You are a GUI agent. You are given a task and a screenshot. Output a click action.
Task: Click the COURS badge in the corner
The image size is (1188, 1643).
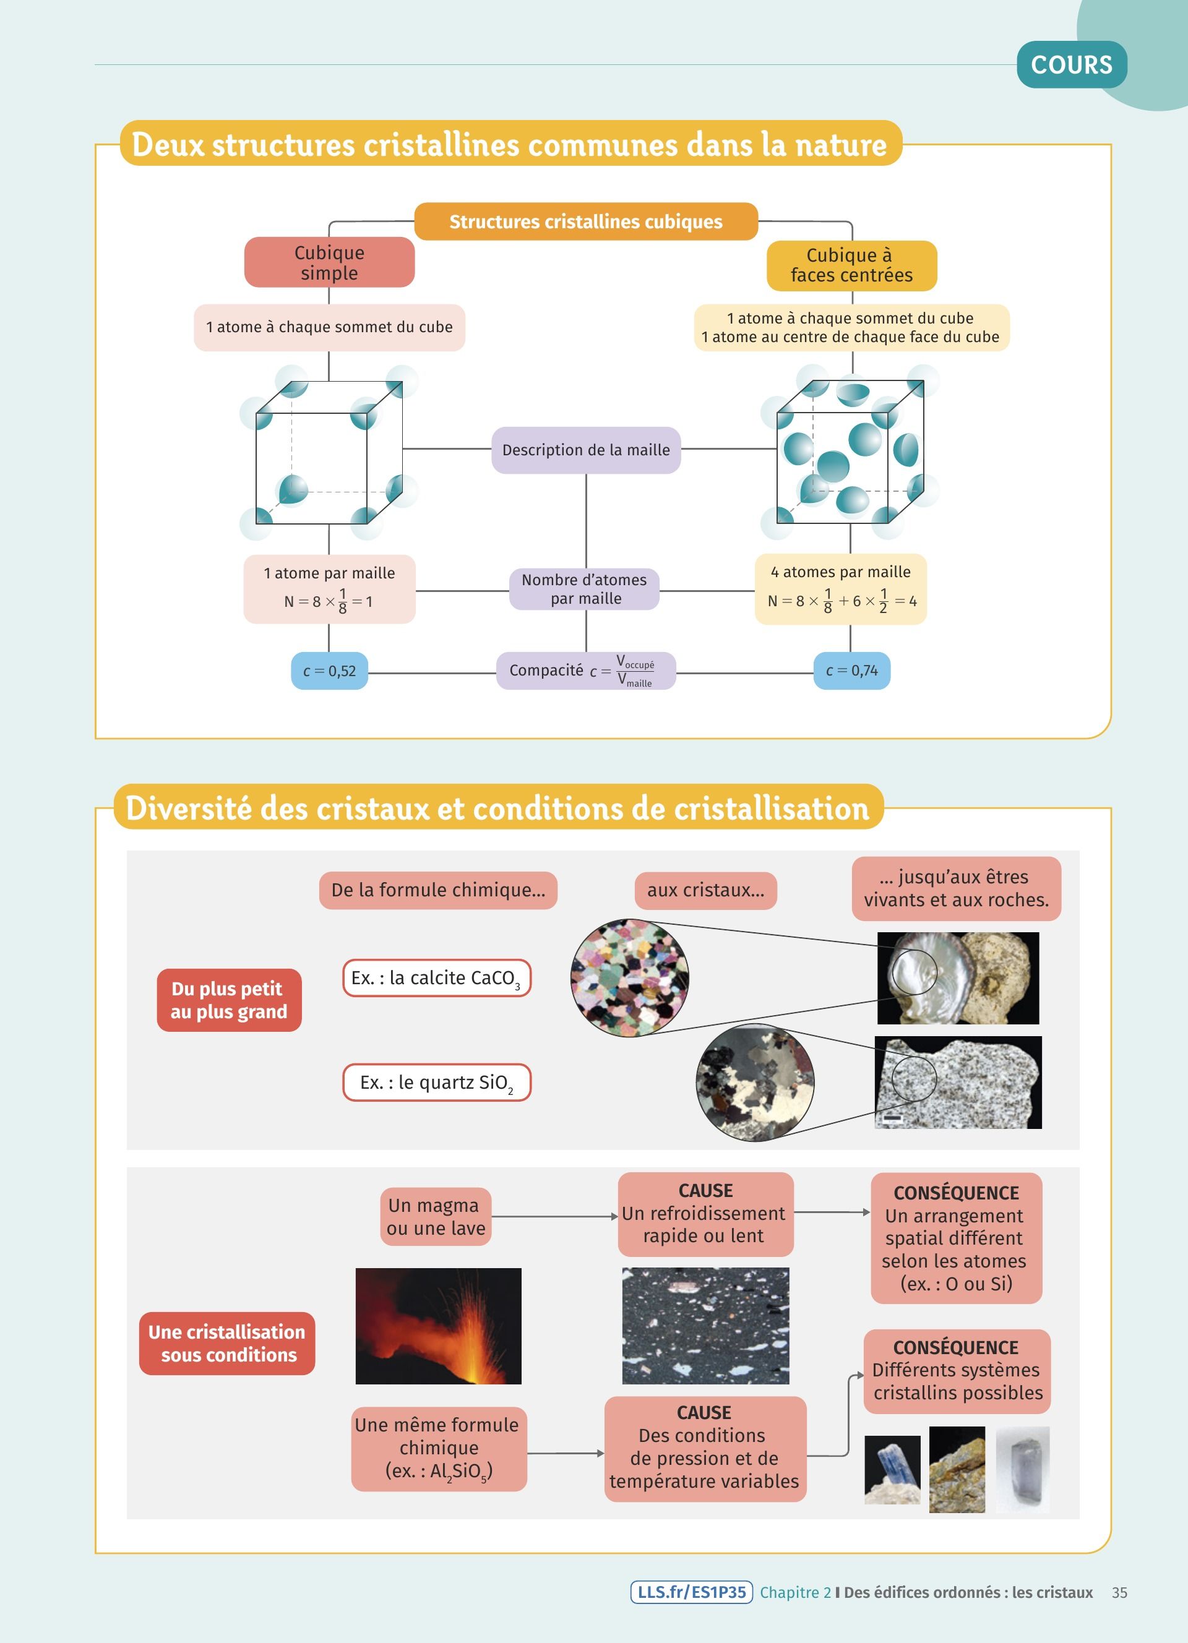[1072, 64]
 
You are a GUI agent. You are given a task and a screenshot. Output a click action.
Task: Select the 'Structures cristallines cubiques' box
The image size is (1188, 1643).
[585, 221]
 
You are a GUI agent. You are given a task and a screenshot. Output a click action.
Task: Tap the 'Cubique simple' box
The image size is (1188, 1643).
[329, 262]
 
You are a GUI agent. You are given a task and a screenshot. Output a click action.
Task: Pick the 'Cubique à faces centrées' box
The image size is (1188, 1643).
[851, 265]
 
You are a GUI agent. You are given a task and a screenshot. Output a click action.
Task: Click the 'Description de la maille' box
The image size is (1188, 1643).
[585, 450]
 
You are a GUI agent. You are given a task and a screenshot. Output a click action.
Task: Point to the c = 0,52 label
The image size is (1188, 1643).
[330, 671]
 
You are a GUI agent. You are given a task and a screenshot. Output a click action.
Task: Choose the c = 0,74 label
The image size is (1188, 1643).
[851, 671]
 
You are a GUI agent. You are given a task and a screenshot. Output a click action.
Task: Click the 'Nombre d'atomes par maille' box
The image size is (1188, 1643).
[584, 589]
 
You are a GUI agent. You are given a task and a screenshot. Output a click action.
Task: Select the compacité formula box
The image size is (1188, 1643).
[585, 671]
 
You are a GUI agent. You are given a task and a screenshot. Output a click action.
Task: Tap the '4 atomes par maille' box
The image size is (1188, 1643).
[840, 589]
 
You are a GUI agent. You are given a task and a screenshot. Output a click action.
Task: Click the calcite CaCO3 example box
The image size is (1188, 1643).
[437, 978]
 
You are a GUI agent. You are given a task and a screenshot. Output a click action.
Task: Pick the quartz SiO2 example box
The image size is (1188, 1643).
[437, 1083]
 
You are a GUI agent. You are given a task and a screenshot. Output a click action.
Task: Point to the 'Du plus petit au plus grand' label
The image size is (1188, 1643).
[229, 1000]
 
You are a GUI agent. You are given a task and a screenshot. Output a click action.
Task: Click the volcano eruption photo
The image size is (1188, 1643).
[438, 1326]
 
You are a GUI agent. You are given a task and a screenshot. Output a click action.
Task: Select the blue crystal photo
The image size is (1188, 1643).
[892, 1470]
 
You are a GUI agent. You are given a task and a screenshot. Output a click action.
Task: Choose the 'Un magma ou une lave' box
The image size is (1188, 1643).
[436, 1216]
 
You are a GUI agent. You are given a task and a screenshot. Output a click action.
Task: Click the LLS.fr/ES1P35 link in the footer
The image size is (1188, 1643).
[691, 1592]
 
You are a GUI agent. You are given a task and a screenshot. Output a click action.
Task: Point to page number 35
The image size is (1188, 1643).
[1119, 1592]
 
